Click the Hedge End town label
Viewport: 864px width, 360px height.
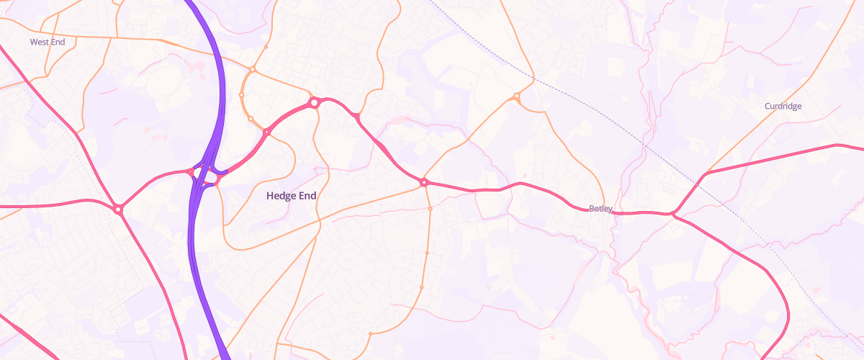[291, 195]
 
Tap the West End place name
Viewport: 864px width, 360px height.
[48, 42]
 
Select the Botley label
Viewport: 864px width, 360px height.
[600, 209]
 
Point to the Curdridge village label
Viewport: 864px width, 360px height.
[783, 107]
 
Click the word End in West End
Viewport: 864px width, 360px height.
[58, 42]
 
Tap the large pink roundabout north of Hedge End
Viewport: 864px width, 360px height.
[314, 103]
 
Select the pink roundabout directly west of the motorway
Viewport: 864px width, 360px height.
[191, 173]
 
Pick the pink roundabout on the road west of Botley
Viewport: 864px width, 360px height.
[424, 183]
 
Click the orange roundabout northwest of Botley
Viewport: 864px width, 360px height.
[517, 96]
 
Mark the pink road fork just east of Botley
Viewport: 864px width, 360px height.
[673, 213]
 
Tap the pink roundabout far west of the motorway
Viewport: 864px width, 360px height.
[118, 209]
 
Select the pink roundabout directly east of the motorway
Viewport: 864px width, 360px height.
[215, 184]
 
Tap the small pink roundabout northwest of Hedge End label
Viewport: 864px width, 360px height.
[266, 132]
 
